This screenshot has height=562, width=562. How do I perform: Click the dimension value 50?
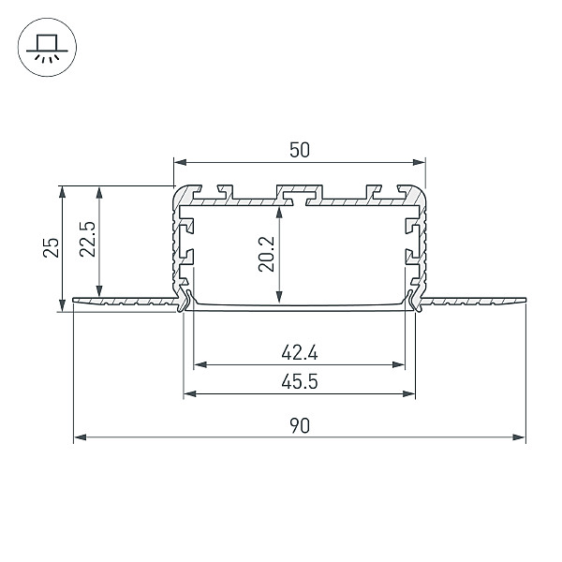pyautogui.click(x=300, y=150)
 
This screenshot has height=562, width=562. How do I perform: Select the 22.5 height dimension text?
pyautogui.click(x=88, y=239)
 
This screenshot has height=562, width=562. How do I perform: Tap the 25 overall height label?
pyautogui.click(x=51, y=247)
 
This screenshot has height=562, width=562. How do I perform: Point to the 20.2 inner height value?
pyautogui.click(x=266, y=254)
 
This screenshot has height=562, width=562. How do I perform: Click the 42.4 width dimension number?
pyautogui.click(x=300, y=353)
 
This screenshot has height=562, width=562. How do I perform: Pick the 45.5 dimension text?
pyautogui.click(x=300, y=381)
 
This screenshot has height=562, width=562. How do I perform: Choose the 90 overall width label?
pyautogui.click(x=300, y=426)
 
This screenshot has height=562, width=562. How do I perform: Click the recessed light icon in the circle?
pyautogui.click(x=47, y=48)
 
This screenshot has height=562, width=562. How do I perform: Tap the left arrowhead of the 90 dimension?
pyautogui.click(x=80, y=437)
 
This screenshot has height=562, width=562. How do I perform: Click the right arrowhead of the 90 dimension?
pyautogui.click(x=519, y=437)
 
